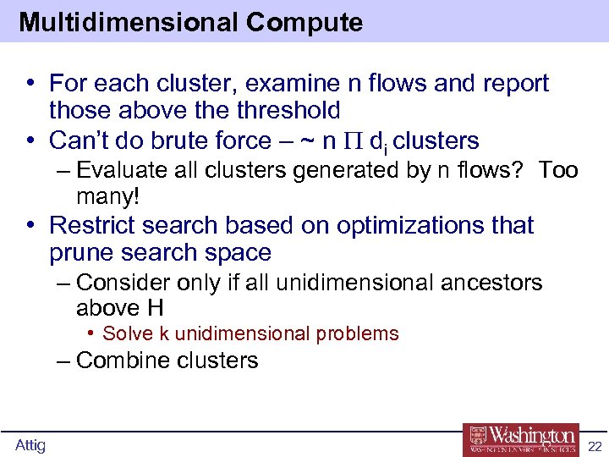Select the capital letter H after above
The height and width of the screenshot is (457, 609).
pos(155,308)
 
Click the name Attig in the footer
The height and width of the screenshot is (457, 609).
pos(30,445)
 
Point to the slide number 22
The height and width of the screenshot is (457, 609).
pos(595,446)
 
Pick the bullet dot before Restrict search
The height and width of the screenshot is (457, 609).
pos(31,226)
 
